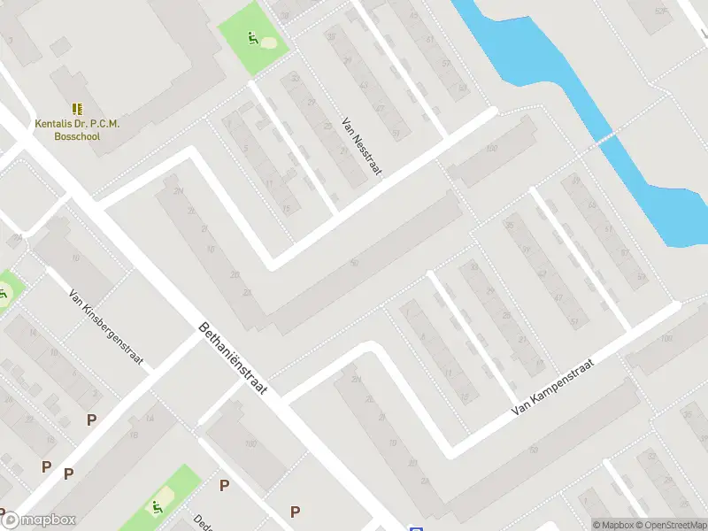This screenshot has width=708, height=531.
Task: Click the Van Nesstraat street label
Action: [360, 147]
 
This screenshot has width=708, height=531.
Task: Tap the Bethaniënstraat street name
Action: [235, 361]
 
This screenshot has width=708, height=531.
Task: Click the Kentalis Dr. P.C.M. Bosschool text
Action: [77, 130]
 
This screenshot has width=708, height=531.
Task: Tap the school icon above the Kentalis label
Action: [77, 109]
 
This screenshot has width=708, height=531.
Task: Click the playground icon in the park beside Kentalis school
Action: [252, 39]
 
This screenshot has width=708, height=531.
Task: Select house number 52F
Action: [659, 12]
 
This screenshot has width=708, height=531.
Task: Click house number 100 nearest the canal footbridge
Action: [491, 148]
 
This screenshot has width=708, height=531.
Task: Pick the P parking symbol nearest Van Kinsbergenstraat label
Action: [90, 420]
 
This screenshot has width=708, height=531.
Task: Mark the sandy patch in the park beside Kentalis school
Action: [268, 42]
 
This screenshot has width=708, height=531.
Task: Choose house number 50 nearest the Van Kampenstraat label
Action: [533, 450]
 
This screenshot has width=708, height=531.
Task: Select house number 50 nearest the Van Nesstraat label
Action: [354, 263]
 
